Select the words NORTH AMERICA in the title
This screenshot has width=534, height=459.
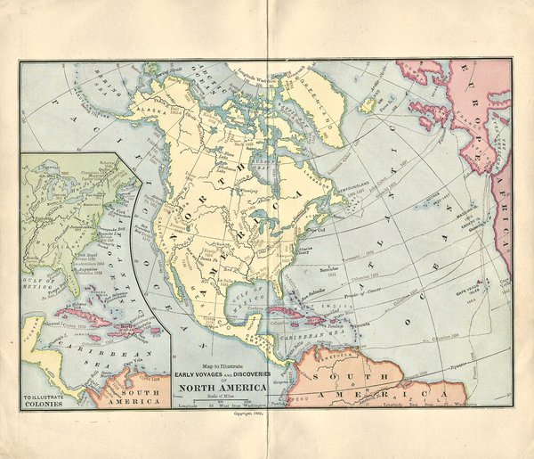point(224,386)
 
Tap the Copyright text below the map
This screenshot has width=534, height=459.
point(248,414)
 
